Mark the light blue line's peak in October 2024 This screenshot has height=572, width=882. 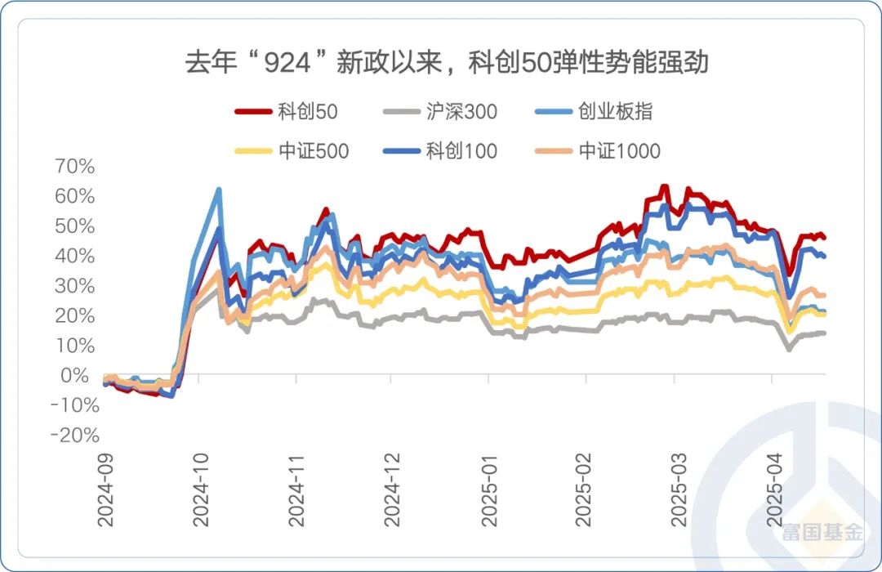coord(219,190)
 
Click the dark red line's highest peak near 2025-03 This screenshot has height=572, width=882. coord(665,187)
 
